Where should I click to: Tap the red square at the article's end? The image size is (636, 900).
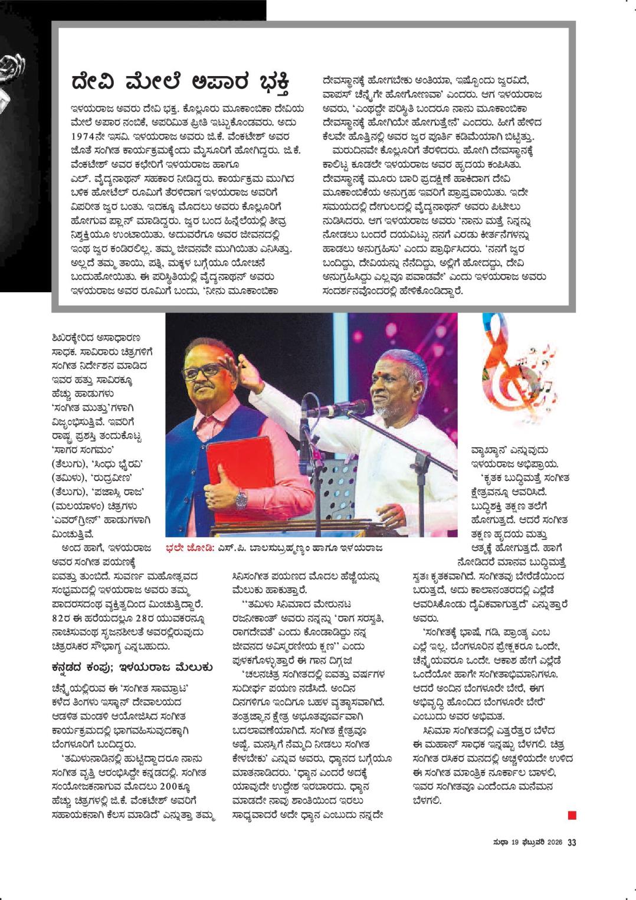pos(572,816)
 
